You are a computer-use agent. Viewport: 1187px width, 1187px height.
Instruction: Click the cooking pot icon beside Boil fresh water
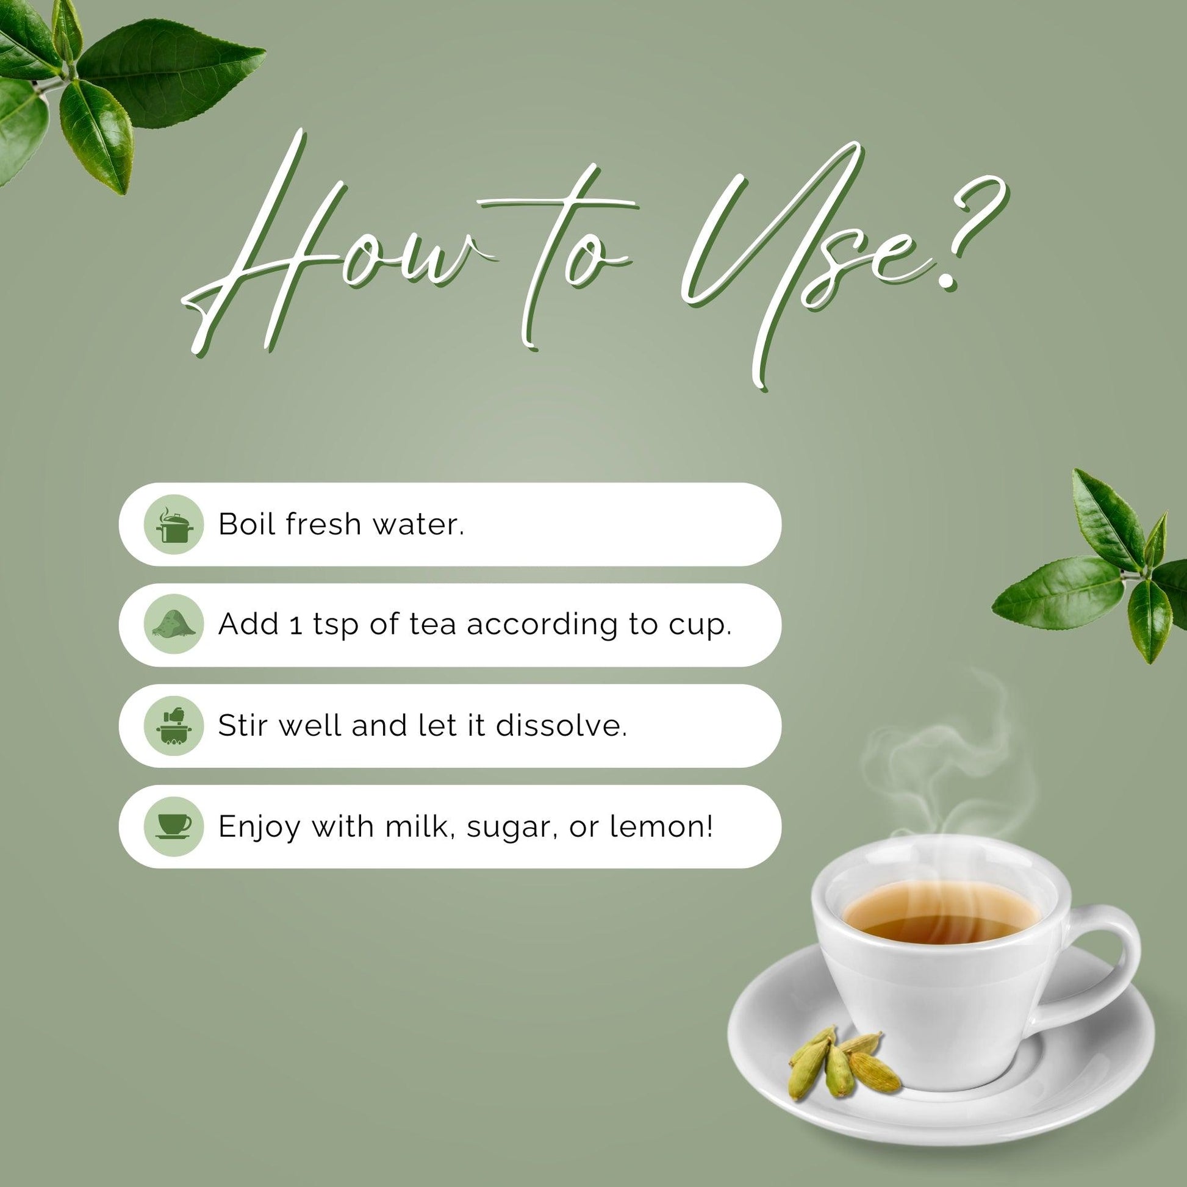(173, 525)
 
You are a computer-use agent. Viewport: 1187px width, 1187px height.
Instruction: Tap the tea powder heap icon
(173, 625)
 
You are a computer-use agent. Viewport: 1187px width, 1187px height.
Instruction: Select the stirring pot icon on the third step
(173, 726)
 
